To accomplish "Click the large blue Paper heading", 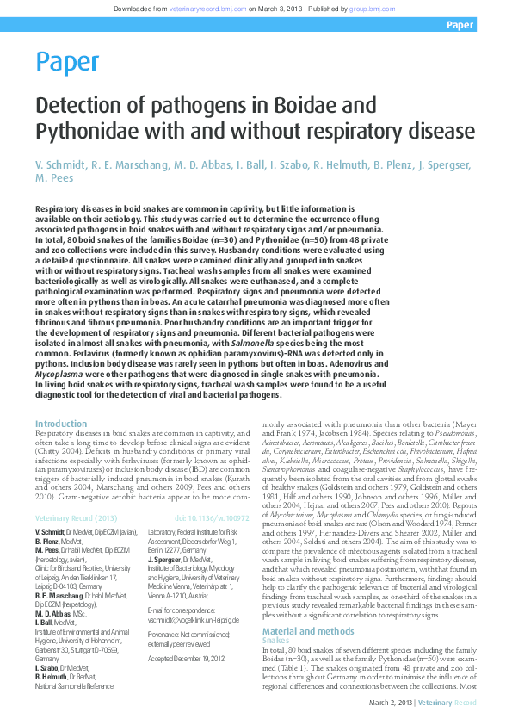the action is pyautogui.click(x=67, y=61).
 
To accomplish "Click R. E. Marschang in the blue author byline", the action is pyautogui.click(x=130, y=164).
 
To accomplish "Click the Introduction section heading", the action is pyautogui.click(x=61, y=424).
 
